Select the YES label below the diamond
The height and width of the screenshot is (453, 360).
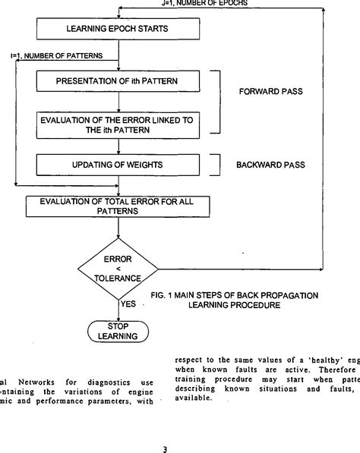tap(129, 304)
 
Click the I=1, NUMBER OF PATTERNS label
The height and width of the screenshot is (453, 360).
tap(57, 56)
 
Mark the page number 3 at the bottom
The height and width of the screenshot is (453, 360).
tap(165, 448)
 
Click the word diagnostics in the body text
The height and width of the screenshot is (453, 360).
tap(106, 381)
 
